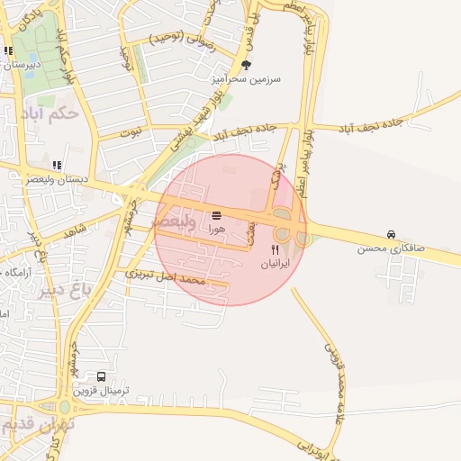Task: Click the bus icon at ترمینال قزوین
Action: [x=101, y=377]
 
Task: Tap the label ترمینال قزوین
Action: [x=101, y=391]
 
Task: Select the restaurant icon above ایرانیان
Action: [x=276, y=250]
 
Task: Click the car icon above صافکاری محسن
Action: [x=391, y=233]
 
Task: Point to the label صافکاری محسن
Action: [x=384, y=247]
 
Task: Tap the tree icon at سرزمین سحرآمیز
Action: [x=247, y=64]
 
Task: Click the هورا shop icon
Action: [x=216, y=216]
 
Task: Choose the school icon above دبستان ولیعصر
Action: [x=58, y=165]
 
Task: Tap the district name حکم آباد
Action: [x=54, y=113]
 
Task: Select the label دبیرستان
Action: [x=22, y=64]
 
